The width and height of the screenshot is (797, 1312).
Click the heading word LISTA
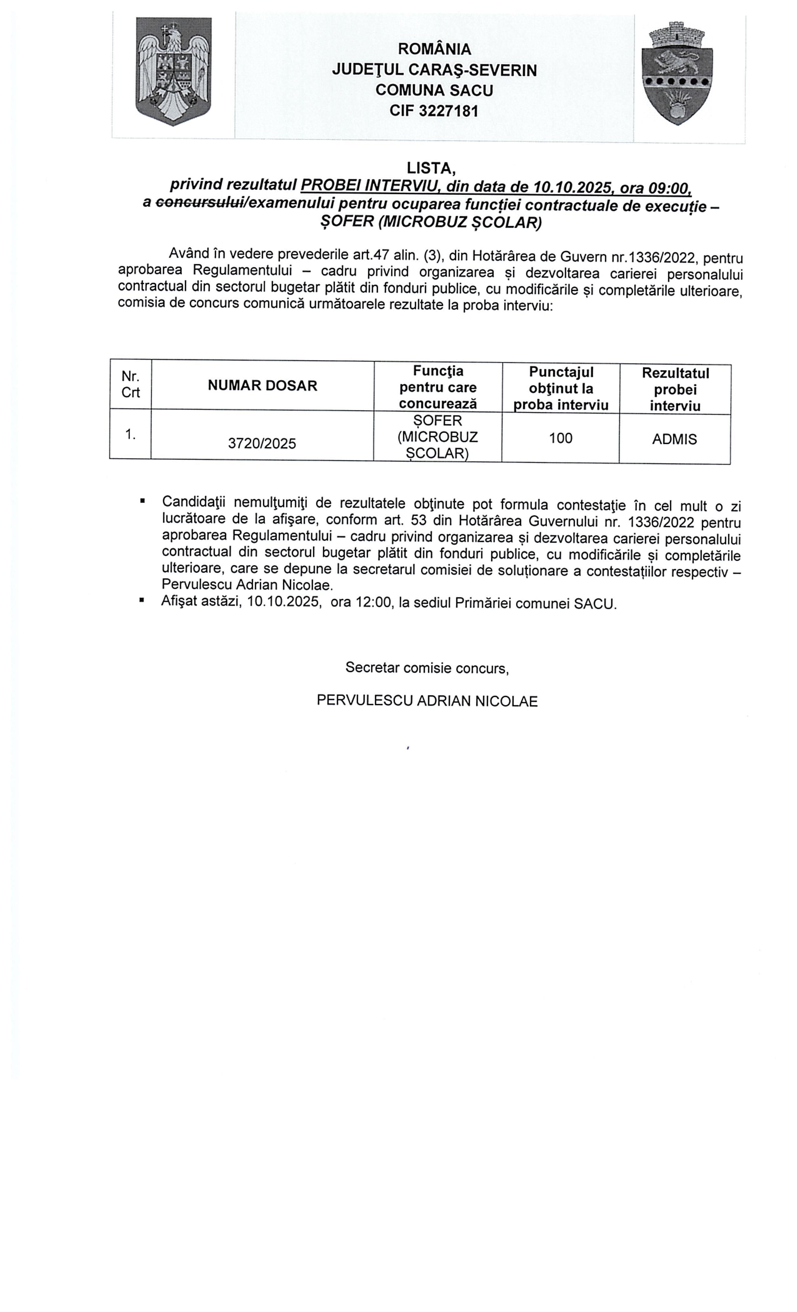point(430,168)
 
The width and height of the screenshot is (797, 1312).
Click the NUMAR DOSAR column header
point(262,385)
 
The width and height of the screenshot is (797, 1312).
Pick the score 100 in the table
point(560,438)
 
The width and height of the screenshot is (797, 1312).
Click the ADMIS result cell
point(674,439)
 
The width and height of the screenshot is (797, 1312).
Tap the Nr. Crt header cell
point(131,385)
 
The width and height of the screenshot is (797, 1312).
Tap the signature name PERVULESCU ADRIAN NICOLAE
point(427,701)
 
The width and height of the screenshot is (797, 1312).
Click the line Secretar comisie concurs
point(427,668)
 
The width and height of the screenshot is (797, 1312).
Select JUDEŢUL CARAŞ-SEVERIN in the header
point(434,70)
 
